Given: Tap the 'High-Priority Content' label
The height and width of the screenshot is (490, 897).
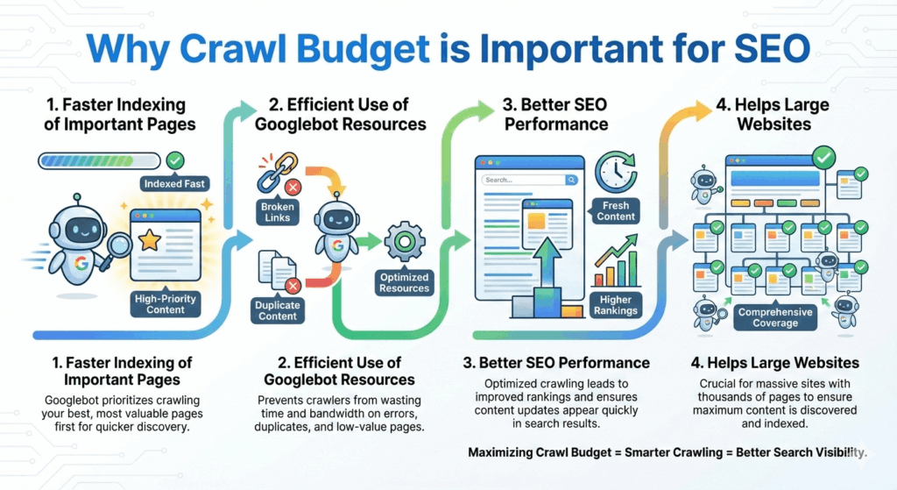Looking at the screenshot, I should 166,303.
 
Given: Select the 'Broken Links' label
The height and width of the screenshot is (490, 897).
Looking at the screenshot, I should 278,211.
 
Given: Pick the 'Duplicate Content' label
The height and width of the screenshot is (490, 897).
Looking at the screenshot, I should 278,310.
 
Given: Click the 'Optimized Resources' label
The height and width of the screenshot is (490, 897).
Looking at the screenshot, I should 405,282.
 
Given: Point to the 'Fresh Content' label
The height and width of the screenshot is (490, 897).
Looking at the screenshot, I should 616,210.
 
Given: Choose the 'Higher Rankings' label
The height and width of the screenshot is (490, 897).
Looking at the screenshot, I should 616,304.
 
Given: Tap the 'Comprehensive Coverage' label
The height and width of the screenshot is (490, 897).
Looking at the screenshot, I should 774,317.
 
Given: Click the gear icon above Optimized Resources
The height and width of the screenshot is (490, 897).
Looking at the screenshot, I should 405,241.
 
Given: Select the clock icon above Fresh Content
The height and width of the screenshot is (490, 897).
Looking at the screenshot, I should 615,172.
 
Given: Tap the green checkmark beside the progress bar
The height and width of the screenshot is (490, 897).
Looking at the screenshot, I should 175,160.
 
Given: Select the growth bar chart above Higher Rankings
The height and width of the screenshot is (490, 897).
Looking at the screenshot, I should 615,266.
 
